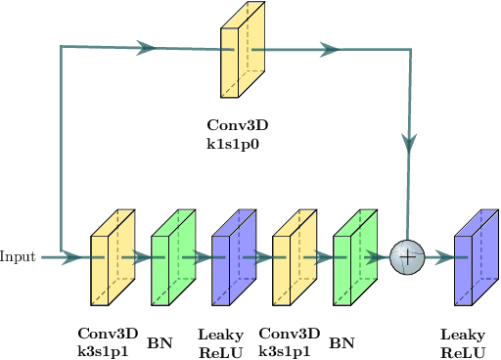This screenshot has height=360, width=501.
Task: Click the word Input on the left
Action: [18, 257]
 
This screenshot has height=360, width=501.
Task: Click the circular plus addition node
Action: [405, 258]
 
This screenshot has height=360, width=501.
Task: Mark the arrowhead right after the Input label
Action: [70, 258]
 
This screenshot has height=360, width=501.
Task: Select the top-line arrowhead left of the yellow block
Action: [147, 47]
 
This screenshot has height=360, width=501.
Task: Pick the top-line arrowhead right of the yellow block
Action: [330, 48]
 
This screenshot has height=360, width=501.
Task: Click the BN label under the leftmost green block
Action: [159, 343]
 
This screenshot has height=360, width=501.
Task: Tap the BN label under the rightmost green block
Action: [342, 343]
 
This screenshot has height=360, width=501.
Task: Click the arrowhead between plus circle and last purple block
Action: [445, 258]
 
